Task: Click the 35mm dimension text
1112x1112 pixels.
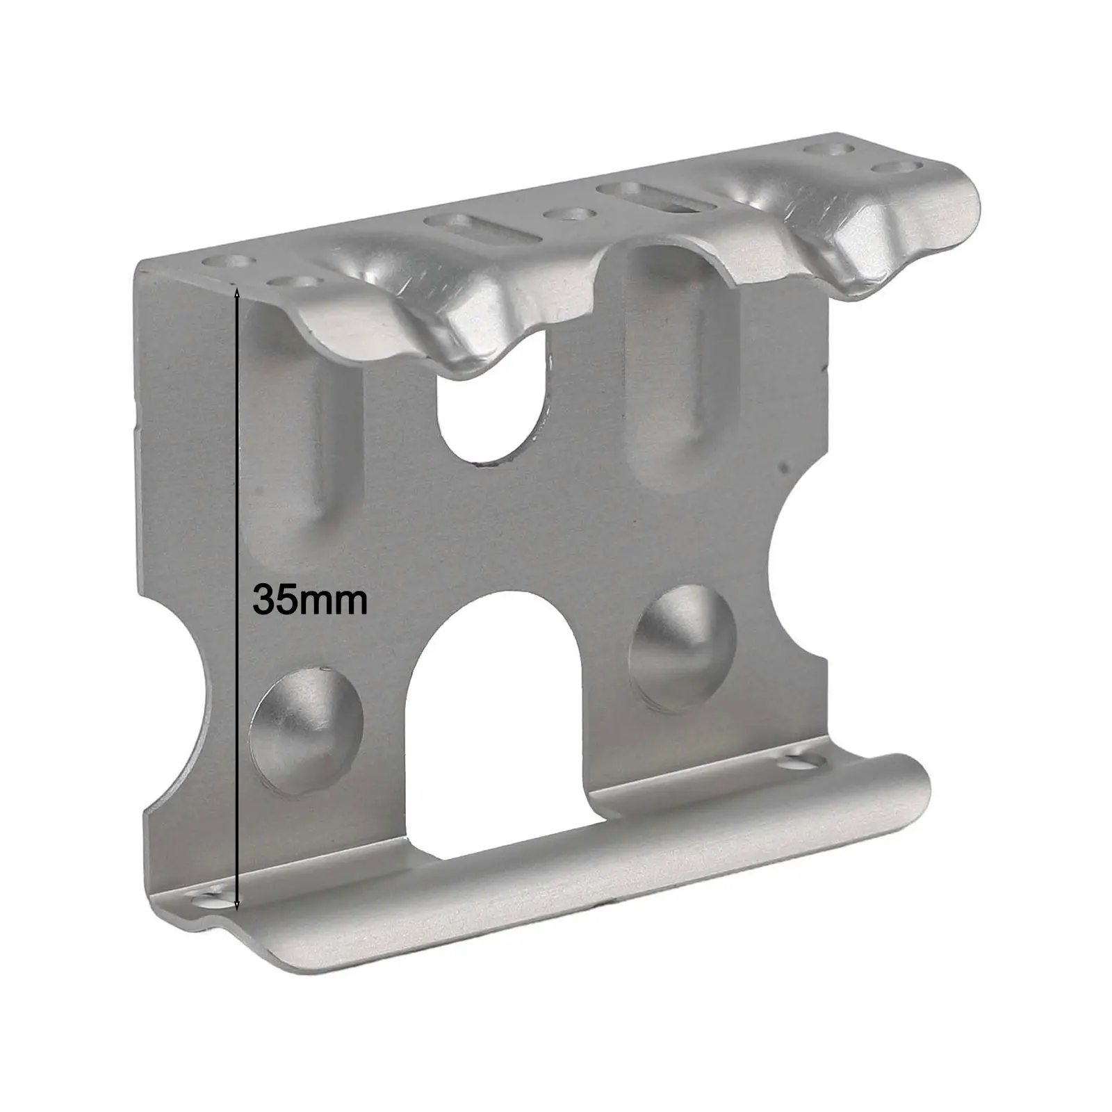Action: [310, 599]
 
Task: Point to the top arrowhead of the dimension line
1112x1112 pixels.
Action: [238, 295]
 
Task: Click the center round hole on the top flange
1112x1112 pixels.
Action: [569, 213]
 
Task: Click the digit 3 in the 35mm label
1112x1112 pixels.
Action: [265, 599]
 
